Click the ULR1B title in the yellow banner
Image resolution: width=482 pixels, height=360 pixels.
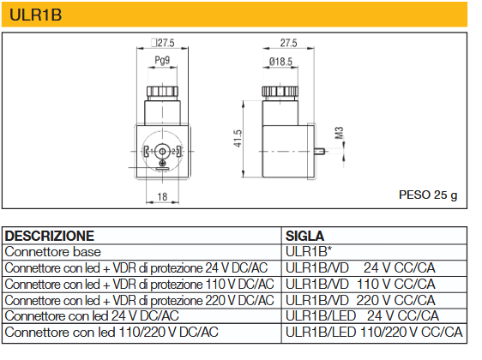pos(36,15)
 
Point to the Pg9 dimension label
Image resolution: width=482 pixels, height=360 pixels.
pos(162,60)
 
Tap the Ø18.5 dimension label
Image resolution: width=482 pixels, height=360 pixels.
pos(280,62)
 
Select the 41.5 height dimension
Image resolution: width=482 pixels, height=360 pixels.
pos(238,139)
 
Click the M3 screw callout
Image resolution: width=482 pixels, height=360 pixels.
pos(339,133)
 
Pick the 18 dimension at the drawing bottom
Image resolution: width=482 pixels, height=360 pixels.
pos(162,196)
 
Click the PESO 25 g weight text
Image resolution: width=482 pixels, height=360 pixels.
pos(428,195)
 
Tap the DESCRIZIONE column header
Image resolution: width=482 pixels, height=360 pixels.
pos(50,236)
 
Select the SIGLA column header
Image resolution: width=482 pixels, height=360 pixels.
pos(304,236)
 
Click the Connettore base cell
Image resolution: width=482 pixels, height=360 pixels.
pos(53,252)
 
